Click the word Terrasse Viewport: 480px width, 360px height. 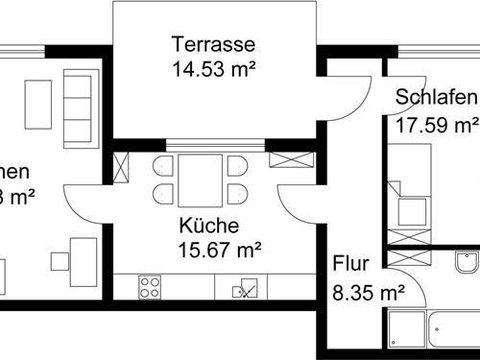coord(213,43)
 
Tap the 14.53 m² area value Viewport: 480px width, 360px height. coord(213,68)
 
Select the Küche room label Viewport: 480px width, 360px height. coord(208,227)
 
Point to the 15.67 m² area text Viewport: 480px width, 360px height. coord(221,251)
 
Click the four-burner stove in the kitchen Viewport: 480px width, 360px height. coord(150,286)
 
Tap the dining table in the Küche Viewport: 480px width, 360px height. coord(200,179)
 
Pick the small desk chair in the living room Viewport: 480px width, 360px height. coord(59,259)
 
